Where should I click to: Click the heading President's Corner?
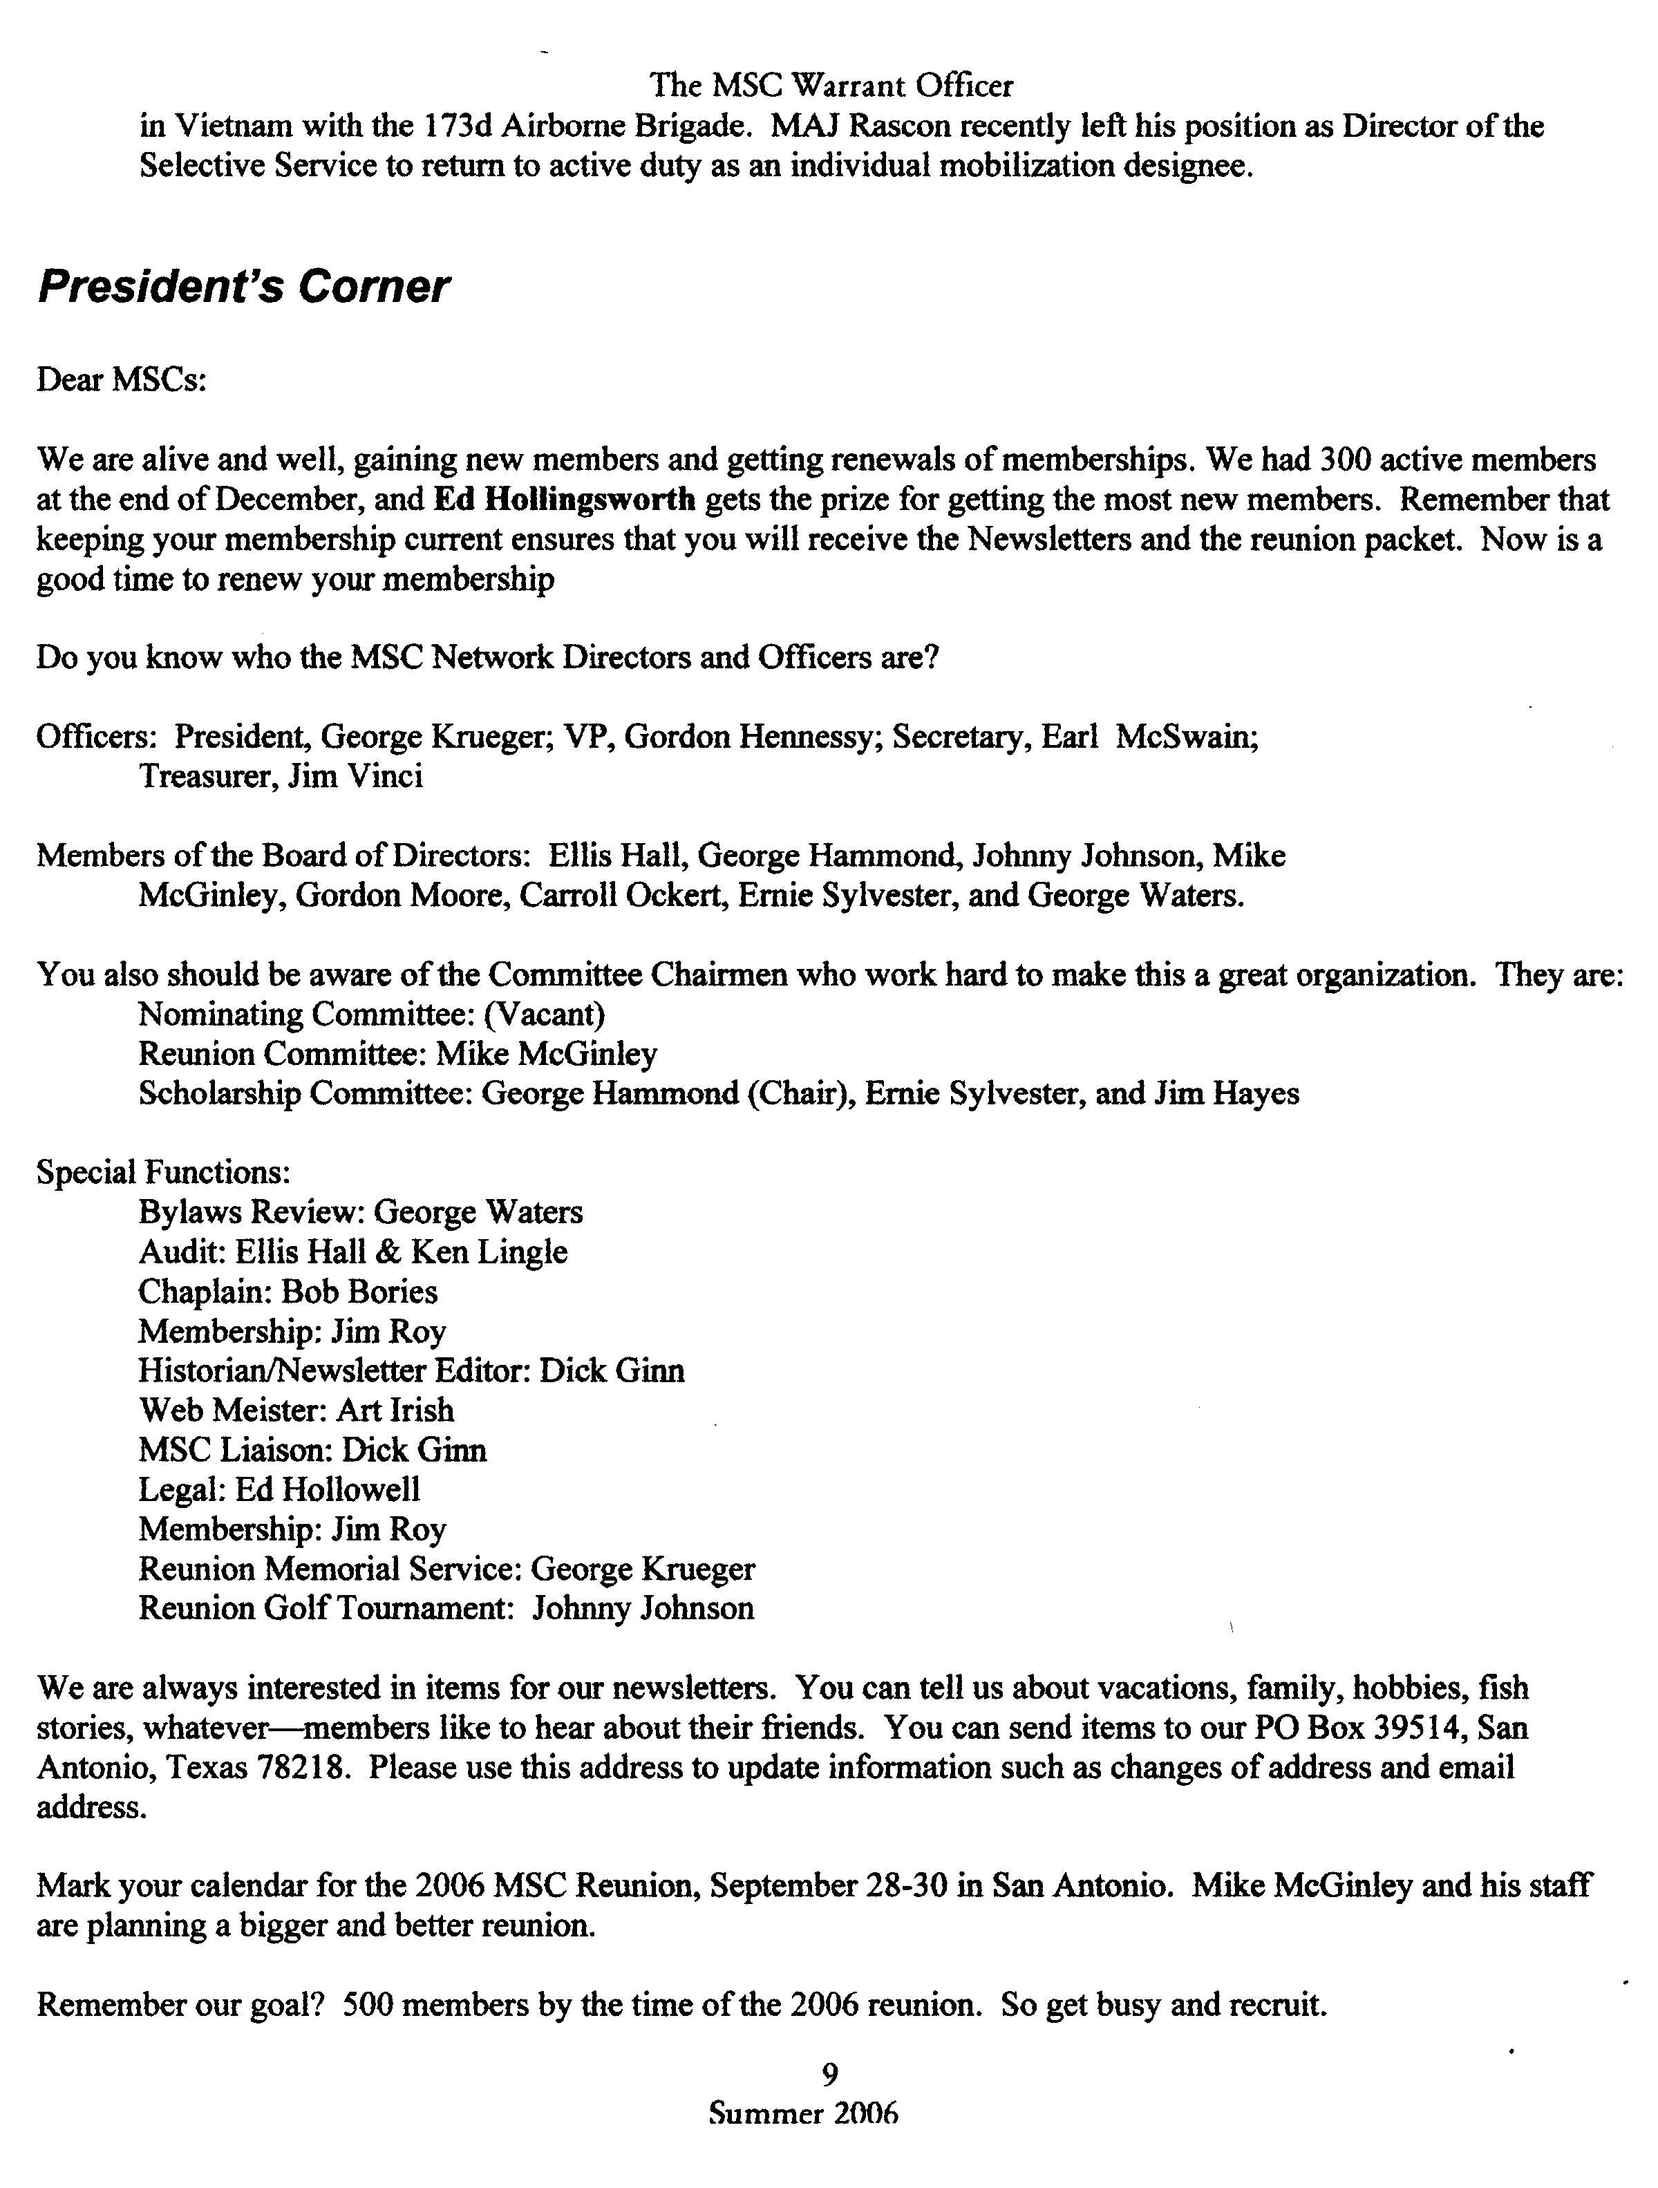pos(243,287)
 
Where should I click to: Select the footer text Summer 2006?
pos(803,2114)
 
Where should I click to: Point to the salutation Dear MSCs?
pos(122,380)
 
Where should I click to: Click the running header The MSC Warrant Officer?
pos(832,86)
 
